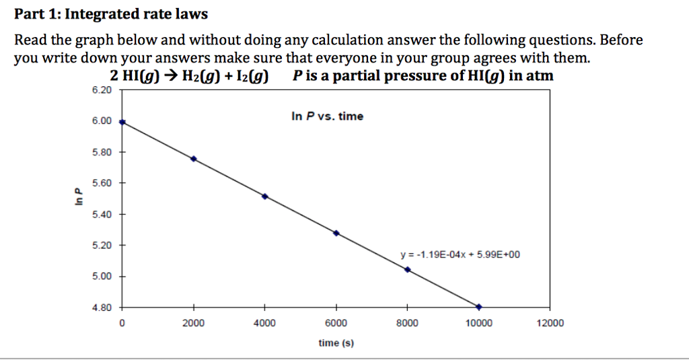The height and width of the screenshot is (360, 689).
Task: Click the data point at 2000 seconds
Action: coord(194,159)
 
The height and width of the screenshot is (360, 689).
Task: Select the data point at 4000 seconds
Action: coord(265,196)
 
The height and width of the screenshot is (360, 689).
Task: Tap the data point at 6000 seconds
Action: coord(336,233)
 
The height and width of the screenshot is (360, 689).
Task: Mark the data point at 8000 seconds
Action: coord(408,269)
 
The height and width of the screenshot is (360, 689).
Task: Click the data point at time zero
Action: coord(122,122)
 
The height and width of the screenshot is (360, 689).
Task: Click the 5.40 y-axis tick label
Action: coord(102,214)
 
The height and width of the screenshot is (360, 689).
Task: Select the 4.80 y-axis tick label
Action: coord(102,308)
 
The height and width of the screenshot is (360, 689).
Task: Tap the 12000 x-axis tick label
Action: coord(550,324)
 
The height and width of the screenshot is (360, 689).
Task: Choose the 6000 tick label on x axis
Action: coord(336,324)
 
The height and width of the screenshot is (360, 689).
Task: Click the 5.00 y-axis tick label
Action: coord(102,277)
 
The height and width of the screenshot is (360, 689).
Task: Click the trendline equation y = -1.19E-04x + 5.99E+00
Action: coord(460,255)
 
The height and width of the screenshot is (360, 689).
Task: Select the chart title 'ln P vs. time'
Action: coord(327,116)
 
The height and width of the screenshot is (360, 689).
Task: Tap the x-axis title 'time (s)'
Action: coord(336,343)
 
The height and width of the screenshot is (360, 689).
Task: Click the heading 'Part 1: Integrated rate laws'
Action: coord(112,13)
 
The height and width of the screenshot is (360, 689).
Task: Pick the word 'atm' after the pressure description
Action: coord(540,76)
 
